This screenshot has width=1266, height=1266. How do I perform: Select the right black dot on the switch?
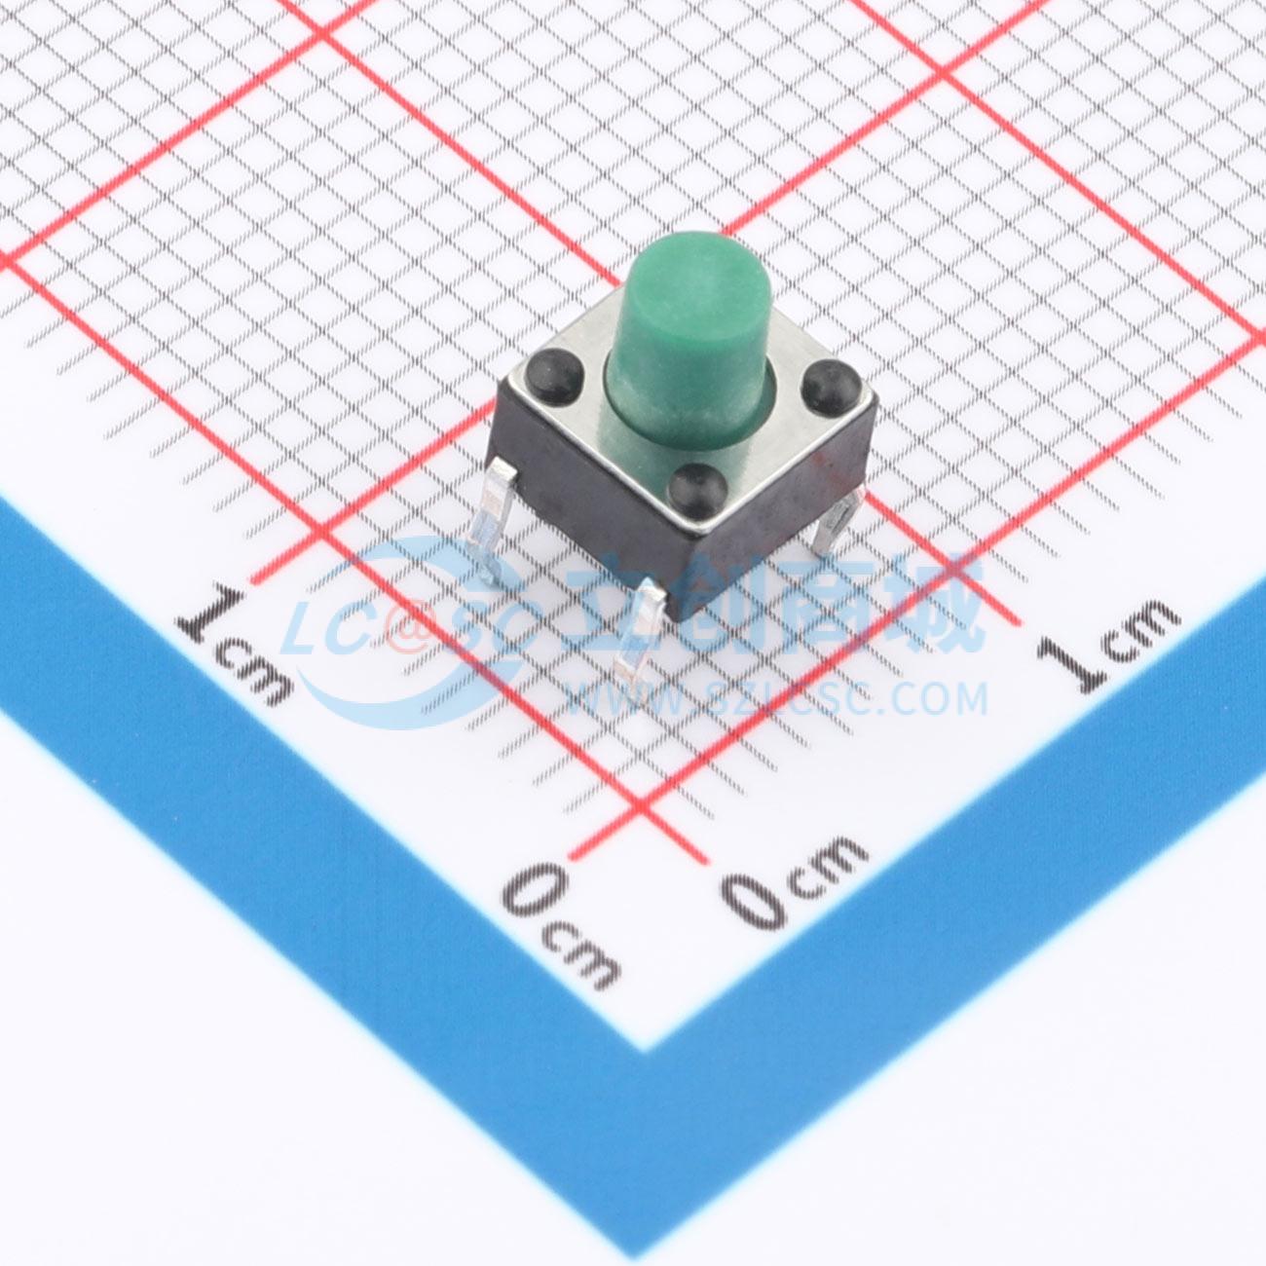click(831, 388)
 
